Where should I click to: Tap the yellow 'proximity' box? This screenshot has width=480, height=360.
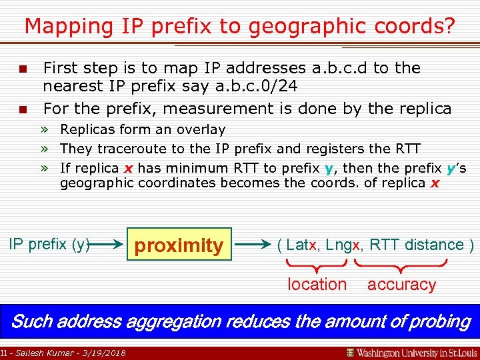pos(179,245)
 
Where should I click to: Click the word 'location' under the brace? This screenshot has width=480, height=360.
pos(317,285)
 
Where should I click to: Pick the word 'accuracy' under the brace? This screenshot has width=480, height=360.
pos(401,285)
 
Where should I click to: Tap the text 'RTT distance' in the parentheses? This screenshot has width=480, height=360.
pos(417,245)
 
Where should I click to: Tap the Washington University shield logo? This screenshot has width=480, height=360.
pos(350,352)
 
